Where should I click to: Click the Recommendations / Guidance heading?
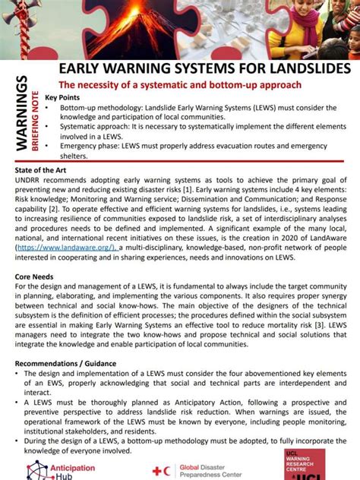[x=64, y=364]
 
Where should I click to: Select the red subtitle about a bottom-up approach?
[x=181, y=84]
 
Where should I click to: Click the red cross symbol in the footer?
[x=158, y=472]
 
